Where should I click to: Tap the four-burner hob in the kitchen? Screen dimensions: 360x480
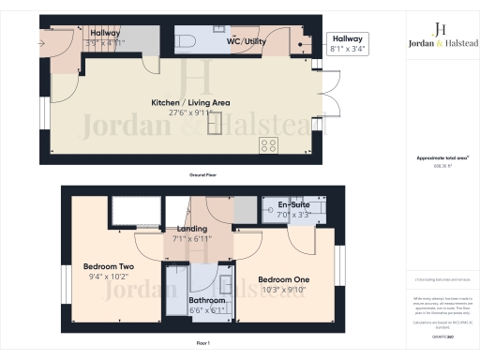pyautogui.click(x=269, y=144)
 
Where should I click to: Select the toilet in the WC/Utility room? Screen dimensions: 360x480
pyautogui.click(x=186, y=39)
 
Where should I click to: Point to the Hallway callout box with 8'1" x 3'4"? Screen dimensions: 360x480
pyautogui.click(x=348, y=42)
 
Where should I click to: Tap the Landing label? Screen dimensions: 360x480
pyautogui.click(x=191, y=229)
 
